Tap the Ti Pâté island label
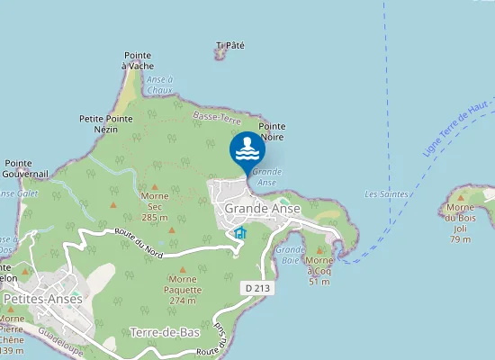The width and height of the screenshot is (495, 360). pos(230,45)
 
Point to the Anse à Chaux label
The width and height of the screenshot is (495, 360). pos(158,85)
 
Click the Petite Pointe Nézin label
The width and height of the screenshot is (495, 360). pos(106,123)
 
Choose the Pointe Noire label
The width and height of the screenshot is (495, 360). pos(272,131)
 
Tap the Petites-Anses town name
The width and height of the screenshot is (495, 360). pos(43,299)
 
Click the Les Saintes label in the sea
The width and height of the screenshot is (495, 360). pos(387,194)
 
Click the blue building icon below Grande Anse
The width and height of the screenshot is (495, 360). pos(239,233)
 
